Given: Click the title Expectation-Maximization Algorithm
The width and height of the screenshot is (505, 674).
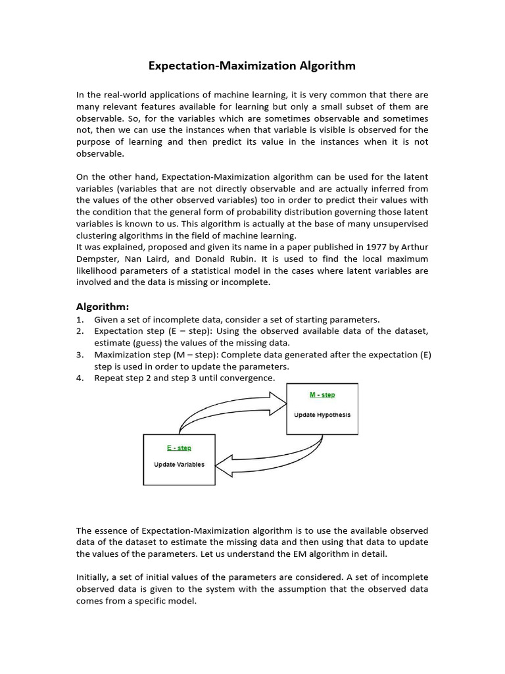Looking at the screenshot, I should pyautogui.click(x=252, y=66).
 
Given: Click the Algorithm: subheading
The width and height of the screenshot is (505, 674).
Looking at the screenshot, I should pyautogui.click(x=103, y=306).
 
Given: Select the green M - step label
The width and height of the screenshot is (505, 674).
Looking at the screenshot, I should pyautogui.click(x=322, y=395).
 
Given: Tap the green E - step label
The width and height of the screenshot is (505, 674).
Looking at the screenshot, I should pyautogui.click(x=179, y=448).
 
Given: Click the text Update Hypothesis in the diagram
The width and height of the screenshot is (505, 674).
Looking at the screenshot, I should pyautogui.click(x=322, y=415).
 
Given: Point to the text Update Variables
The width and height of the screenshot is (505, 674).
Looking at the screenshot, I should pyautogui.click(x=179, y=464).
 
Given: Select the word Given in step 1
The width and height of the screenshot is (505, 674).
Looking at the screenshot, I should pyautogui.click(x=107, y=319).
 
